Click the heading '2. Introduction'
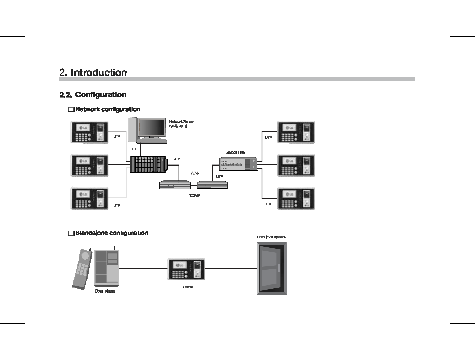tap(93, 72)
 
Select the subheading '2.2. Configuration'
tap(93, 95)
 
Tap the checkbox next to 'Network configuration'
tap(71, 110)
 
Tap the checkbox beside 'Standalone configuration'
tap(71, 233)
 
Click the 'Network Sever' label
tap(181, 121)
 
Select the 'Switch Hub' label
tap(236, 152)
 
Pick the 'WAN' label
tap(195, 173)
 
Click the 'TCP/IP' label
tap(195, 196)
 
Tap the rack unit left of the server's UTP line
tap(148, 164)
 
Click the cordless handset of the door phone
tap(82, 268)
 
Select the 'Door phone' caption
tap(105, 291)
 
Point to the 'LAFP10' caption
tap(186, 287)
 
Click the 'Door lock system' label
tap(271, 237)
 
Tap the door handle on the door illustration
tap(279, 268)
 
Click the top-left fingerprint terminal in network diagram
tap(89, 132)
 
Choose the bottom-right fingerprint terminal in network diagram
tap(296, 199)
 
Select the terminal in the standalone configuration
tap(186, 269)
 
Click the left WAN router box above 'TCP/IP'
tap(175, 185)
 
